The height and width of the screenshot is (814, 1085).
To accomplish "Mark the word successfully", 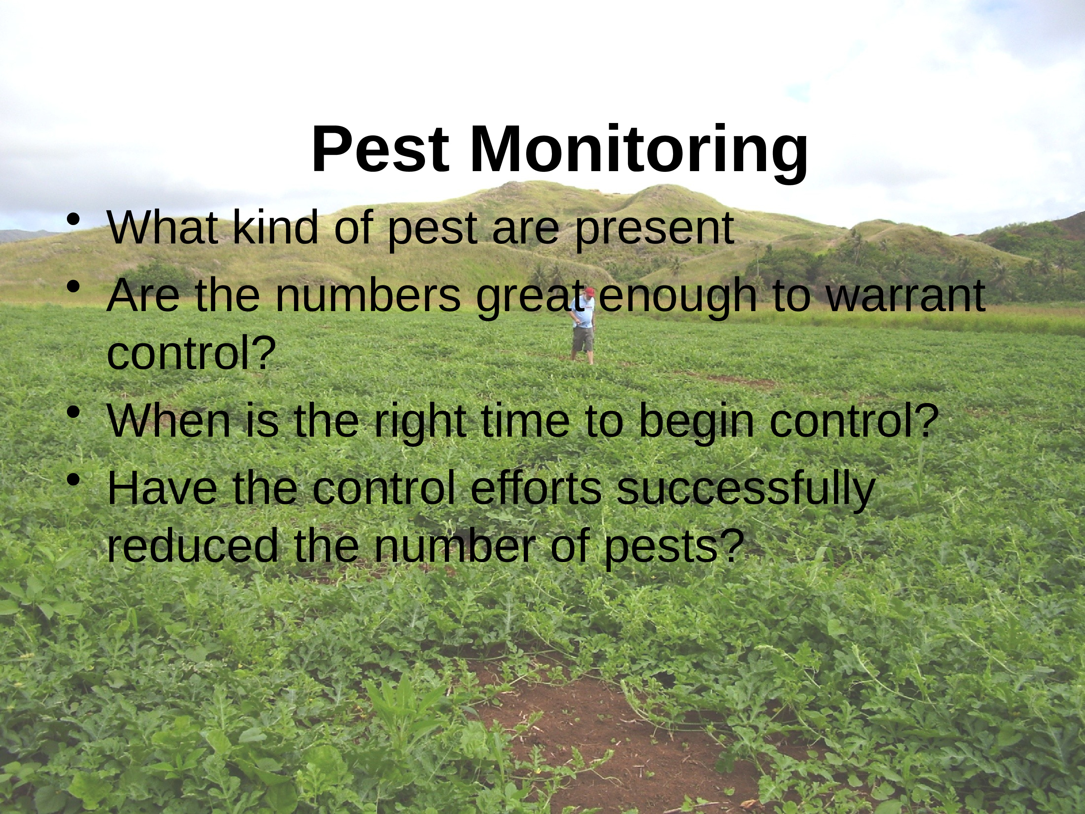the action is pyautogui.click(x=745, y=491).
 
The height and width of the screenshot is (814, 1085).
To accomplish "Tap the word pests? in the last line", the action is pyautogui.click(x=675, y=548).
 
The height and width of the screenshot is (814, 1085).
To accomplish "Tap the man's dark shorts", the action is pyautogui.click(x=583, y=339).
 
